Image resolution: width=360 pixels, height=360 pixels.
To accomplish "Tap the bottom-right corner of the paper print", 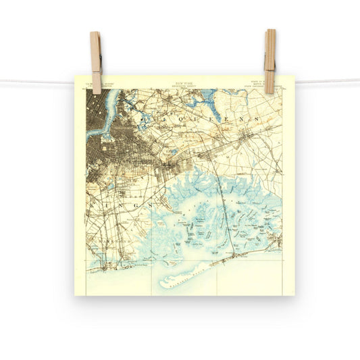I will tap(294, 294).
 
